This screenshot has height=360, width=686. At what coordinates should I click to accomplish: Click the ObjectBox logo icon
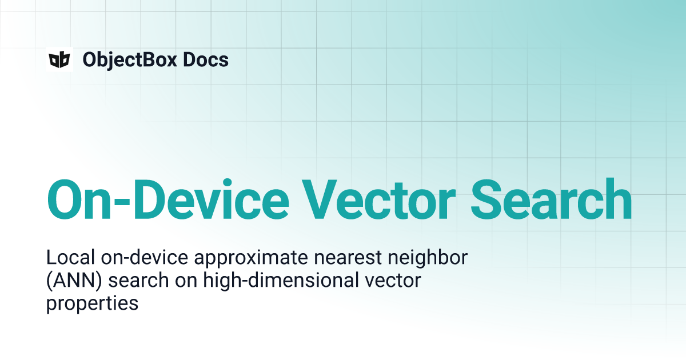(59, 59)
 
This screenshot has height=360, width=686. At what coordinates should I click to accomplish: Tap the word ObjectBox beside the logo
(130, 60)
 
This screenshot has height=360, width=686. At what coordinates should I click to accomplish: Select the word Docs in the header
(206, 59)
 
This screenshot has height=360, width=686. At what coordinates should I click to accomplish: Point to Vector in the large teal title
(379, 199)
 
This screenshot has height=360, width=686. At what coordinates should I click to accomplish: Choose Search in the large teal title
(551, 199)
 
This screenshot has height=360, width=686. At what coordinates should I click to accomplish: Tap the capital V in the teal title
(320, 199)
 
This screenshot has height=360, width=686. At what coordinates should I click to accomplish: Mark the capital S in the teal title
(486, 199)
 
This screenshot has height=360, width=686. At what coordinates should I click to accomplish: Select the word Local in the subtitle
(70, 257)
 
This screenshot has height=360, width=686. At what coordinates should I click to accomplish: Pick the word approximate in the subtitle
(251, 258)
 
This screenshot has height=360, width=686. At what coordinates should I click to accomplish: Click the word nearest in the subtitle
(348, 258)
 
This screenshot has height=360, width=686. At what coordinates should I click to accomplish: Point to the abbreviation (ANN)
(74, 281)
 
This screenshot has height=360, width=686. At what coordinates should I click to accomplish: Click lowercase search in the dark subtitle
(138, 281)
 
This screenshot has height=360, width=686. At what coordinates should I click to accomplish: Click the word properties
(92, 304)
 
